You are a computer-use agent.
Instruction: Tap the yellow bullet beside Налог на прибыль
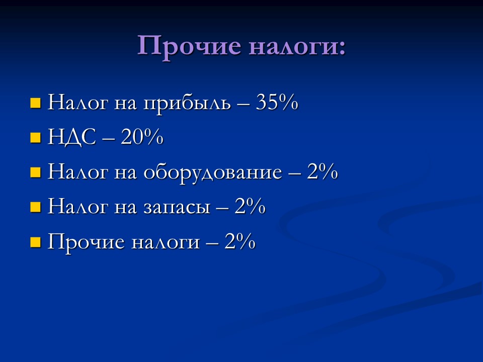tap(35, 104)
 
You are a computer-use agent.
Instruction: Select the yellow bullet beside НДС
tap(35, 138)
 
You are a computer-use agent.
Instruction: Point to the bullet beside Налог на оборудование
tap(35, 173)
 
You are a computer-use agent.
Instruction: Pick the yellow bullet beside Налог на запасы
tap(35, 208)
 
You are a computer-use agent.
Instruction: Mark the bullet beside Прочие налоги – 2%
tap(35, 243)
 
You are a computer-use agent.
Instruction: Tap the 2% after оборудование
tap(323, 172)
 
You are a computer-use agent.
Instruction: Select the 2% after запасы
tap(250, 207)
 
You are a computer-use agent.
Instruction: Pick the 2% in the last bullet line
tap(240, 242)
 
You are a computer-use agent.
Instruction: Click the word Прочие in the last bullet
tap(86, 242)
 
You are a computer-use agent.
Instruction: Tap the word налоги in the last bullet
tap(165, 243)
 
